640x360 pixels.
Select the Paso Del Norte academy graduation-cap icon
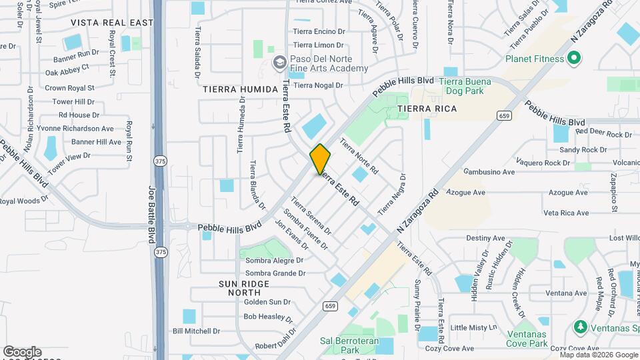click(280, 63)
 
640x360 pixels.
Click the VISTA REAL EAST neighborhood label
click(112, 23)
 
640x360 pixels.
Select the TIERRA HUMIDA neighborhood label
click(240, 89)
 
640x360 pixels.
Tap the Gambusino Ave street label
click(490, 171)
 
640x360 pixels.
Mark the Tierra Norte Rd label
click(359, 155)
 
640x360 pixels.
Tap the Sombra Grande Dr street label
click(275, 273)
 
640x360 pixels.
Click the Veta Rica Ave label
click(566, 213)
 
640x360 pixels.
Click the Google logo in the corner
click(22, 351)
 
